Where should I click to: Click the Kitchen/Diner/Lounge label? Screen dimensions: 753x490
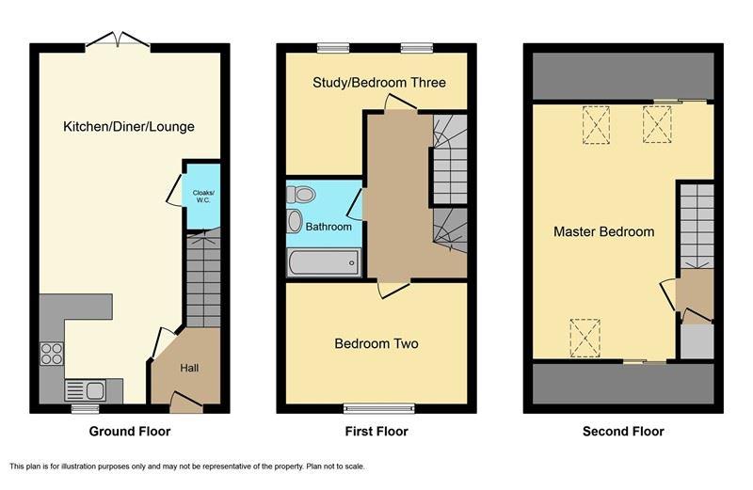[x=129, y=127]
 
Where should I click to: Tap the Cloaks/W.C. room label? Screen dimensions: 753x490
[x=203, y=197]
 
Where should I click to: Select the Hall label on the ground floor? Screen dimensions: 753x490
[x=189, y=368]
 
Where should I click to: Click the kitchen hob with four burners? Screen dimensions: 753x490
[x=52, y=354]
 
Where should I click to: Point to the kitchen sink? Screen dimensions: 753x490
[x=86, y=390]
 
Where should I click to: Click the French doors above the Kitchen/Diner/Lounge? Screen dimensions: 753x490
[x=119, y=40]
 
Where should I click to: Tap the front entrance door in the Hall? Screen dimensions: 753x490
[x=186, y=403]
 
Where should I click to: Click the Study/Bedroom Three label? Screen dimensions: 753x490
[x=379, y=83]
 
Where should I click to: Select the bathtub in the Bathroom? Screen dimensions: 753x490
[x=324, y=262]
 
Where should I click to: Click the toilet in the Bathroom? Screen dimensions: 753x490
[x=301, y=195]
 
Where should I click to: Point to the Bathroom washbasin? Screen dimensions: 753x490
[x=295, y=221]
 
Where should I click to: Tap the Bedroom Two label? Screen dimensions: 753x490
[x=376, y=343]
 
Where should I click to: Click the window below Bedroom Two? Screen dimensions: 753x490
[x=379, y=408]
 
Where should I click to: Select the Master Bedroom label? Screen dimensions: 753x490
[x=603, y=231]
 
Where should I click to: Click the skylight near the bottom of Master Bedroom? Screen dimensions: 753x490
[x=585, y=338]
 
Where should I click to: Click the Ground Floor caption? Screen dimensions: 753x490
[x=130, y=432]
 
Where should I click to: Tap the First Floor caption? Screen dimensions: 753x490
[x=376, y=432]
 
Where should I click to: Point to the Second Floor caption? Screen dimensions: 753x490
[x=623, y=432]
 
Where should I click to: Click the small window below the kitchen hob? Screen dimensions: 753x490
[x=86, y=408]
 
